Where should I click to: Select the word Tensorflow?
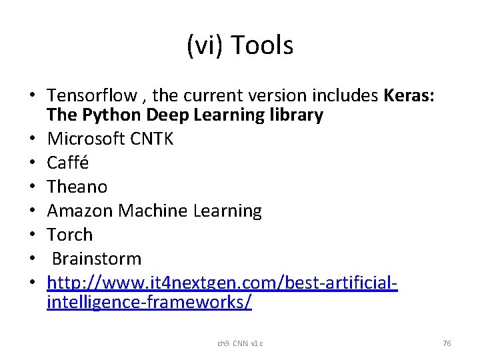[x=90, y=96]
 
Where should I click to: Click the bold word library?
[x=292, y=115]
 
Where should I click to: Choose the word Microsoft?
[x=85, y=139]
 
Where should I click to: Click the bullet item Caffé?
[x=68, y=163]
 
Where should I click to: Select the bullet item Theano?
[x=77, y=187]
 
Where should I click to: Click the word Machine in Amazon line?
[x=153, y=211]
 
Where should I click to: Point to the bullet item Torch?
[x=70, y=235]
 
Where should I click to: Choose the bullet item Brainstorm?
[x=97, y=259]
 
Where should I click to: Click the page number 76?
[x=447, y=343]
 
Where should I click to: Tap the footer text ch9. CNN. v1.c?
[x=240, y=343]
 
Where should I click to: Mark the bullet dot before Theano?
[x=33, y=187]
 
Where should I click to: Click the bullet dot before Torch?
[x=33, y=235]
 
